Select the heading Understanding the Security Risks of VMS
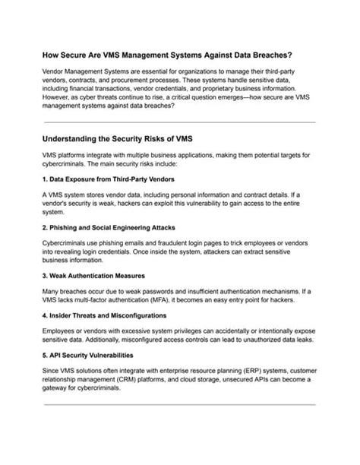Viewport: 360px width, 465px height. [x=124, y=141]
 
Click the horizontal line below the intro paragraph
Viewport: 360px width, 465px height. [x=179, y=122]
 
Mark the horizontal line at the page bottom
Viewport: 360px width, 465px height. [x=179, y=405]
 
